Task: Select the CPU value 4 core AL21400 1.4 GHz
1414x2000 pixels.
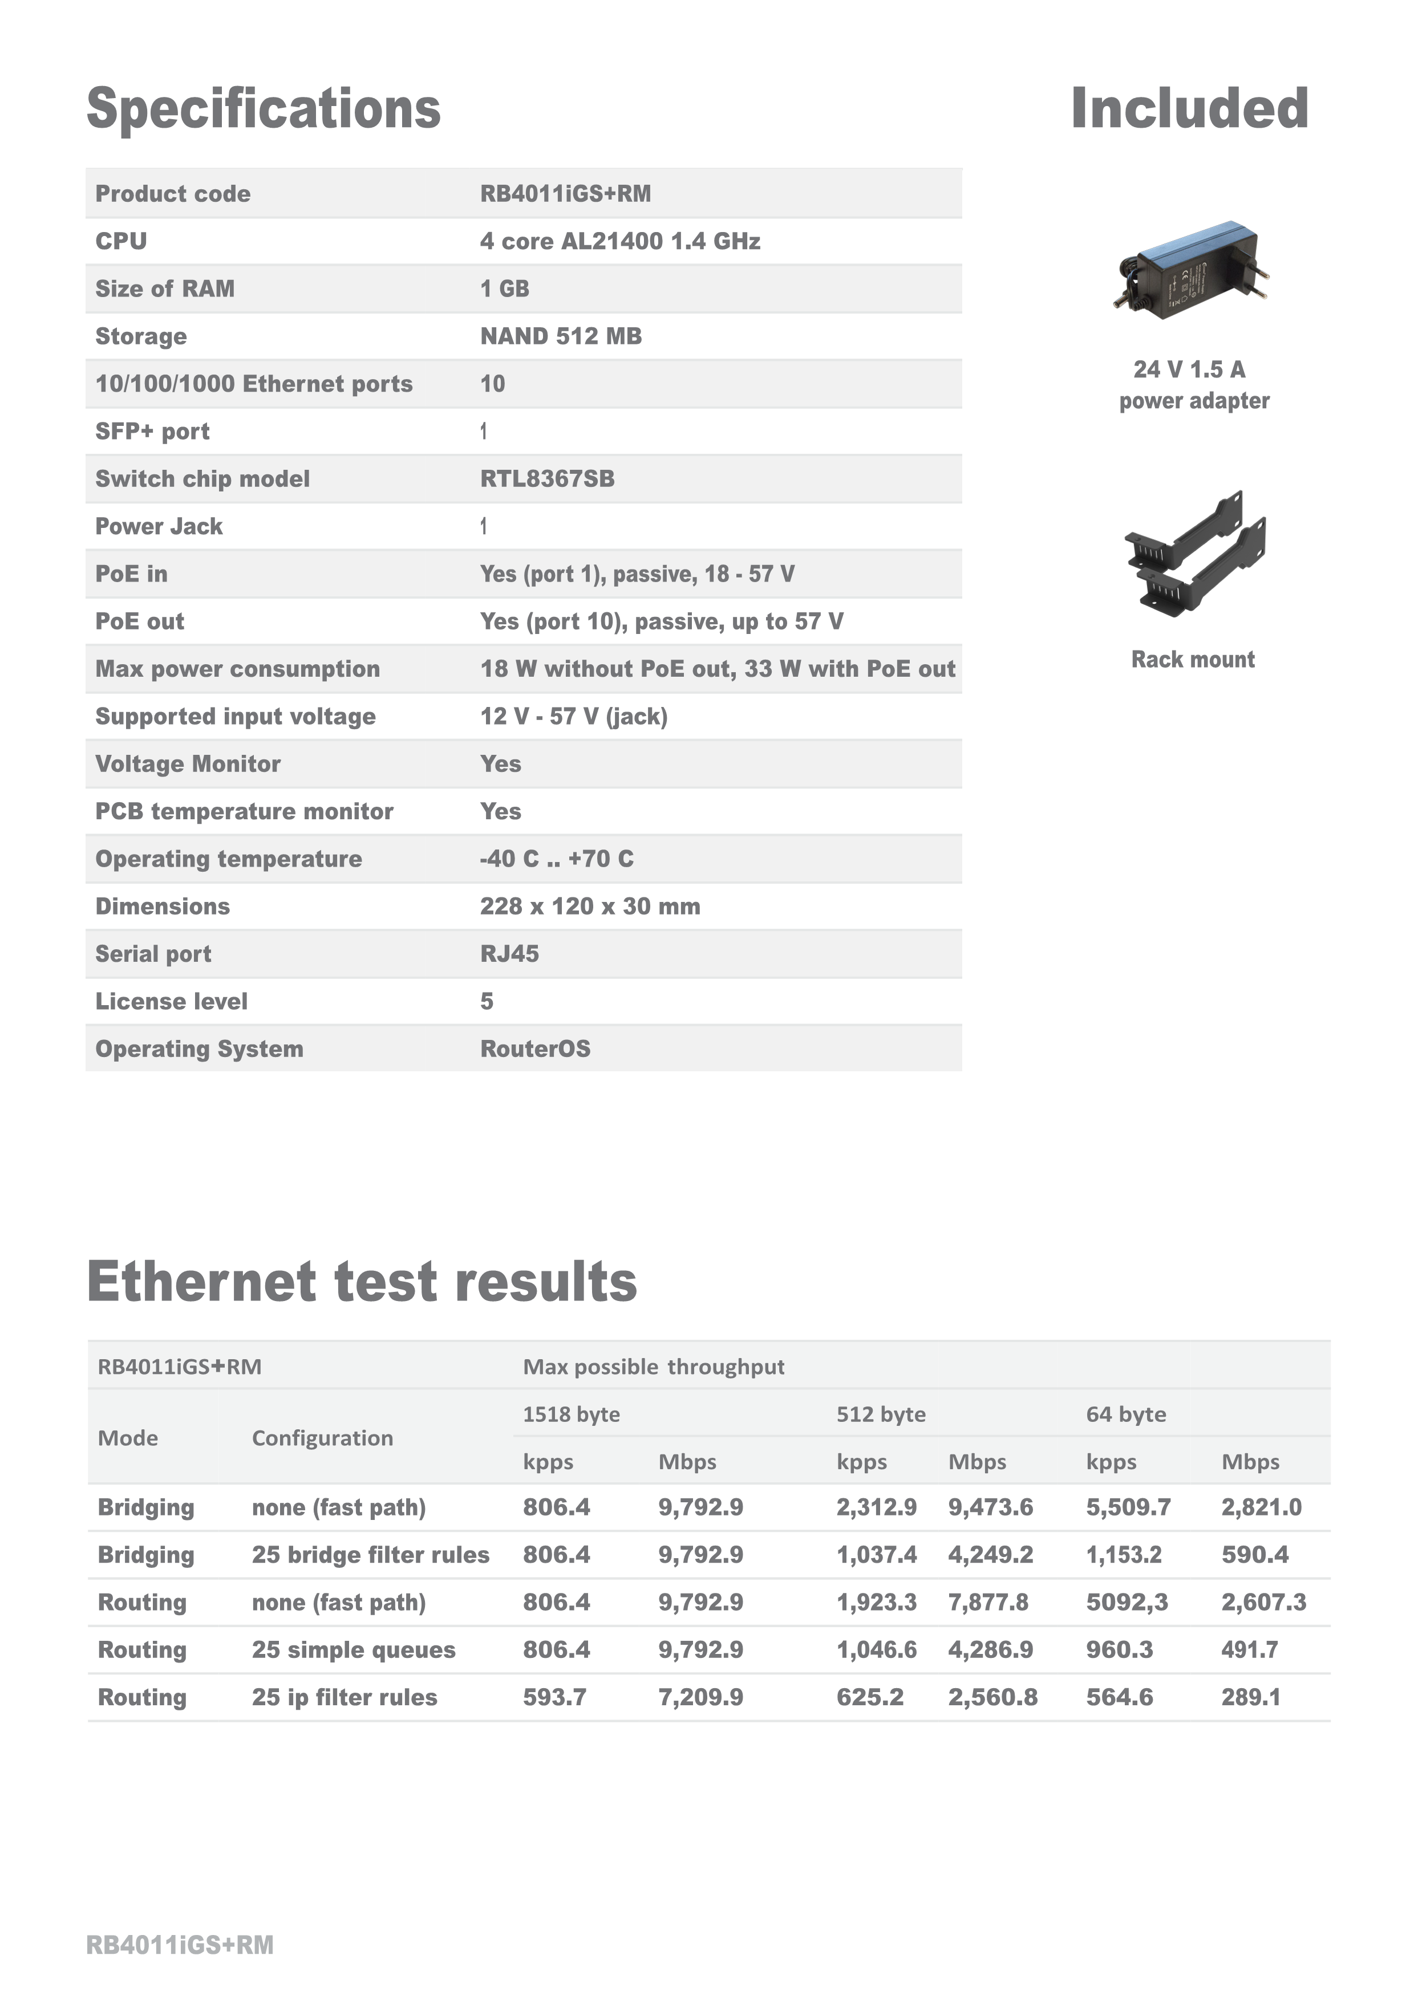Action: [x=619, y=241]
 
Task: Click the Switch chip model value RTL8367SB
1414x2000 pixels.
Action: [x=547, y=479]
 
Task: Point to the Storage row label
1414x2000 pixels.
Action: [x=141, y=336]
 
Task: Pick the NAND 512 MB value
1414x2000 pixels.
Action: [x=561, y=336]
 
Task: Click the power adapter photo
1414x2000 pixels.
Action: [x=1191, y=270]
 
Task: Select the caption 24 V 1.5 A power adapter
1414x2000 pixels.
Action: [x=1194, y=385]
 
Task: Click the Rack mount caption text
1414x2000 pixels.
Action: [x=1193, y=660]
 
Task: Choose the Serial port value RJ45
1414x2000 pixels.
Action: [x=510, y=954]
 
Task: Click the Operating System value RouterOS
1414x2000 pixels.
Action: [x=535, y=1049]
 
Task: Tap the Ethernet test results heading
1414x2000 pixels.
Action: [x=362, y=1282]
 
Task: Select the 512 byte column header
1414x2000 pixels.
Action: [x=881, y=1414]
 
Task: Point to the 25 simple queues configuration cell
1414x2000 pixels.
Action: [x=354, y=1650]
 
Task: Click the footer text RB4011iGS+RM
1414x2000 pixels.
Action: [x=180, y=1945]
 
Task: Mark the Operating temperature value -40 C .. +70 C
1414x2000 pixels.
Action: [x=557, y=859]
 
